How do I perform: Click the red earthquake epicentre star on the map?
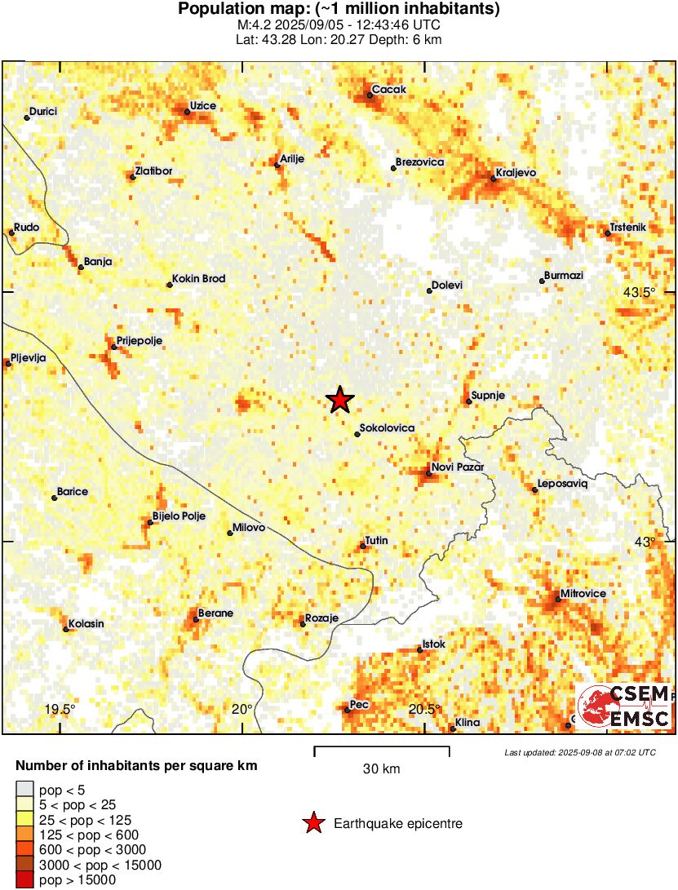coord(340,400)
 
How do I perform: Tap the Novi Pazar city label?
coord(461,467)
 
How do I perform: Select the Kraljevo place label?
coord(516,174)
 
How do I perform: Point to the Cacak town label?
coord(389,90)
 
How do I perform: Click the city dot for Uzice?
coord(188,112)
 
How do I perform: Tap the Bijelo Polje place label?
coord(179,516)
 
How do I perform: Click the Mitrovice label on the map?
coord(583,593)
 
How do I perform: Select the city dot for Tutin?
coord(363,547)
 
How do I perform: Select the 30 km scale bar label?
coord(381,768)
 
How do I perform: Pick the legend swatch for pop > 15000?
coord(25,880)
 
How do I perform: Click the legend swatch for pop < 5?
coord(25,789)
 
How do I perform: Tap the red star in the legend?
coord(313,824)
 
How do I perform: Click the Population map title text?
coord(339,10)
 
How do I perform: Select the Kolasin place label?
coord(86,624)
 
